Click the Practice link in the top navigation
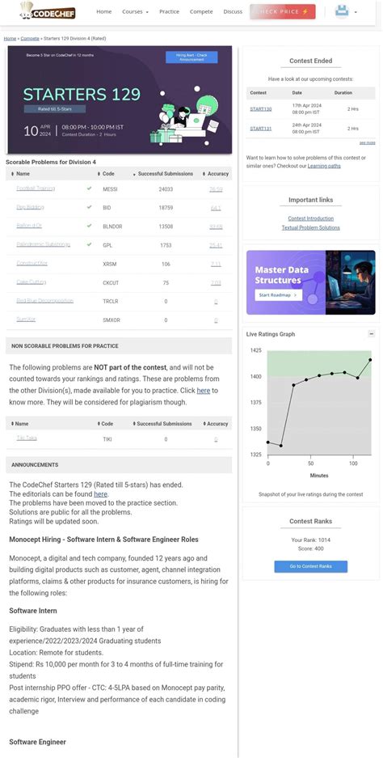pos(169,12)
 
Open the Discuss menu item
pos(233,12)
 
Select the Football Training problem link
pos(36,188)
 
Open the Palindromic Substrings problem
pos(43,244)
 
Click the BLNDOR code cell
pos(112,226)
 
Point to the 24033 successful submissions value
pos(166,188)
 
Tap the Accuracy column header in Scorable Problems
pos(217,173)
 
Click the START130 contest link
pos(260,108)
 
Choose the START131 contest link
pos(260,128)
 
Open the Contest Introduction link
pos(310,218)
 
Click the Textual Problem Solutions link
pos(310,227)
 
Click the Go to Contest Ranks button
pos(310,566)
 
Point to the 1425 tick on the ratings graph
pos(256,350)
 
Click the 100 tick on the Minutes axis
pos(353,464)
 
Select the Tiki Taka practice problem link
pos(27,438)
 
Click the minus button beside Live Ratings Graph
pos(371,333)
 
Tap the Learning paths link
pos(324,165)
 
